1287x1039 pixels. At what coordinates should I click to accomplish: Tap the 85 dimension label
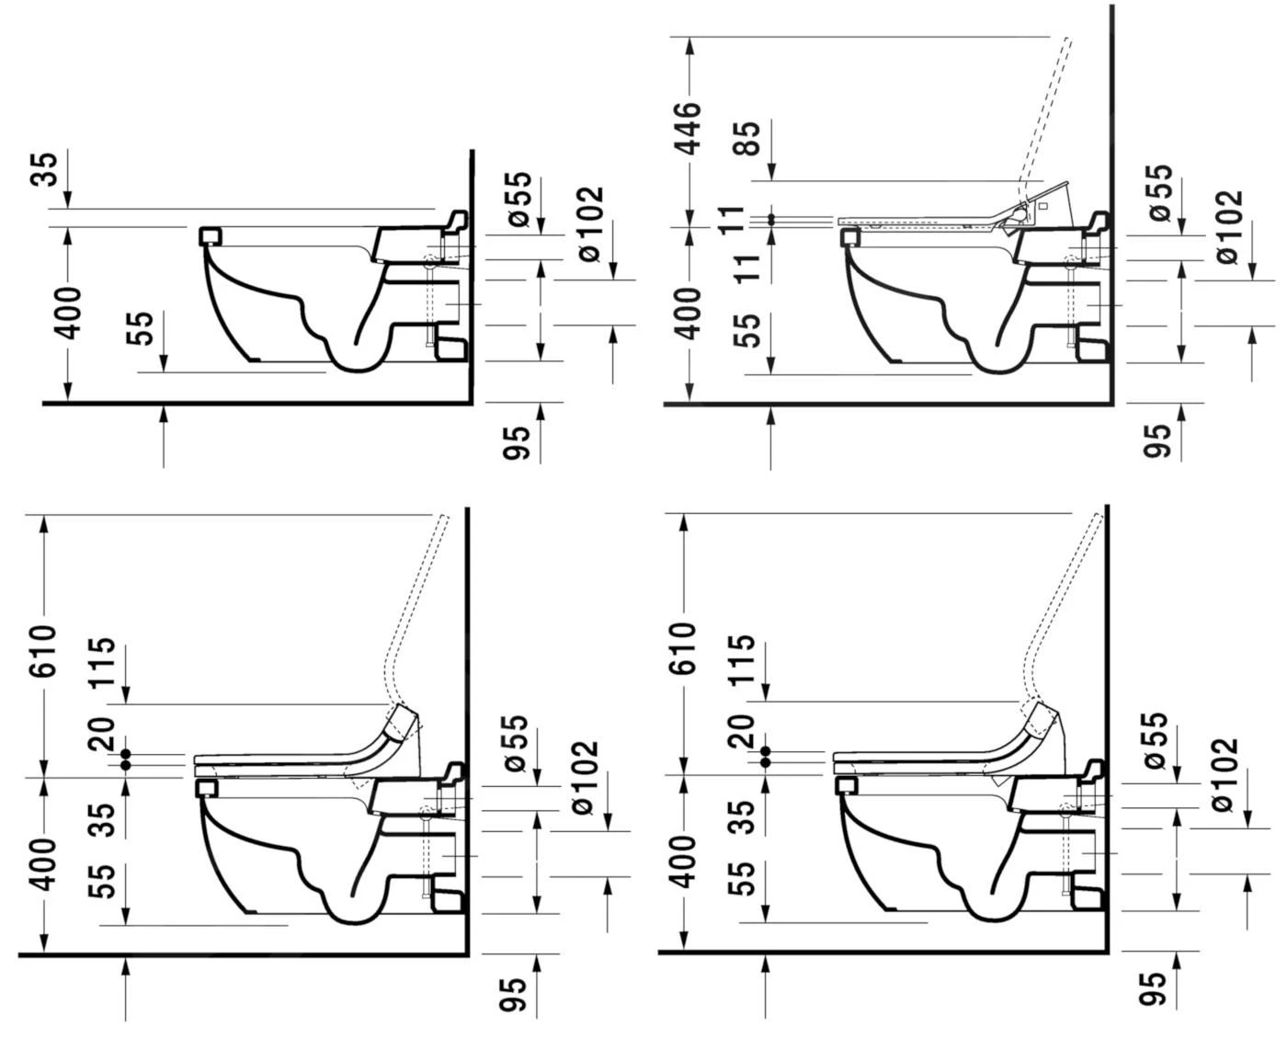pyautogui.click(x=749, y=139)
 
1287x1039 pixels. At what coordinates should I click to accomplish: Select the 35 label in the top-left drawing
pyautogui.click(x=47, y=170)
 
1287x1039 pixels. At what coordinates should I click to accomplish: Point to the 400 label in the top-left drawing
pyautogui.click(x=67, y=314)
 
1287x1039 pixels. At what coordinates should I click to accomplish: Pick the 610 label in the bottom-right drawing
pyautogui.click(x=685, y=648)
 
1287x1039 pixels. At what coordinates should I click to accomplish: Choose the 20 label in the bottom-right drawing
pyautogui.click(x=743, y=731)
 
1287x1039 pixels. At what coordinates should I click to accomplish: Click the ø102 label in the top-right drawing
pyautogui.click(x=1230, y=227)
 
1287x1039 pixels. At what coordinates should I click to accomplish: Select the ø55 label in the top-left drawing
pyautogui.click(x=519, y=200)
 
